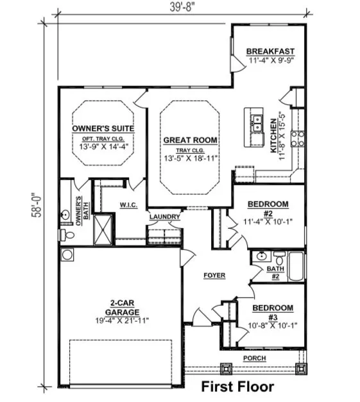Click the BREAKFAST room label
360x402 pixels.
pyautogui.click(x=270, y=51)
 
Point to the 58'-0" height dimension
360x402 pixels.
pyautogui.click(x=37, y=205)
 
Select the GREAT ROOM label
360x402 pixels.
pyautogui.click(x=190, y=140)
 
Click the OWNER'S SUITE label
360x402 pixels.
pyautogui.click(x=103, y=128)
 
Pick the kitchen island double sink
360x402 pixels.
pyautogui.click(x=257, y=124)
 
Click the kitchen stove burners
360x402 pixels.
pyautogui.click(x=297, y=138)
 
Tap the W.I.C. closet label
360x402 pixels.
pyautogui.click(x=128, y=205)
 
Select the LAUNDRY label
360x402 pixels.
pyautogui.click(x=164, y=217)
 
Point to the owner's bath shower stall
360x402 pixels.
pyautogui.click(x=103, y=230)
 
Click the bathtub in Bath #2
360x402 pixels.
pyautogui.click(x=296, y=267)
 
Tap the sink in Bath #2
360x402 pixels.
pyautogui.click(x=261, y=256)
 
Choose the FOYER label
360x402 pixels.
pyautogui.click(x=214, y=275)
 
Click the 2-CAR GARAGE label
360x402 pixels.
pyautogui.click(x=122, y=308)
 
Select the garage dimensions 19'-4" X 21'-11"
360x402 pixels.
pyautogui.click(x=122, y=321)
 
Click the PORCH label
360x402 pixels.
pyautogui.click(x=255, y=358)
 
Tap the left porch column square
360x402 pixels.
pyautogui.click(x=226, y=369)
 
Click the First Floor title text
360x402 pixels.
pyautogui.click(x=237, y=386)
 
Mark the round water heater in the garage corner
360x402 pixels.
pyautogui.click(x=67, y=255)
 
